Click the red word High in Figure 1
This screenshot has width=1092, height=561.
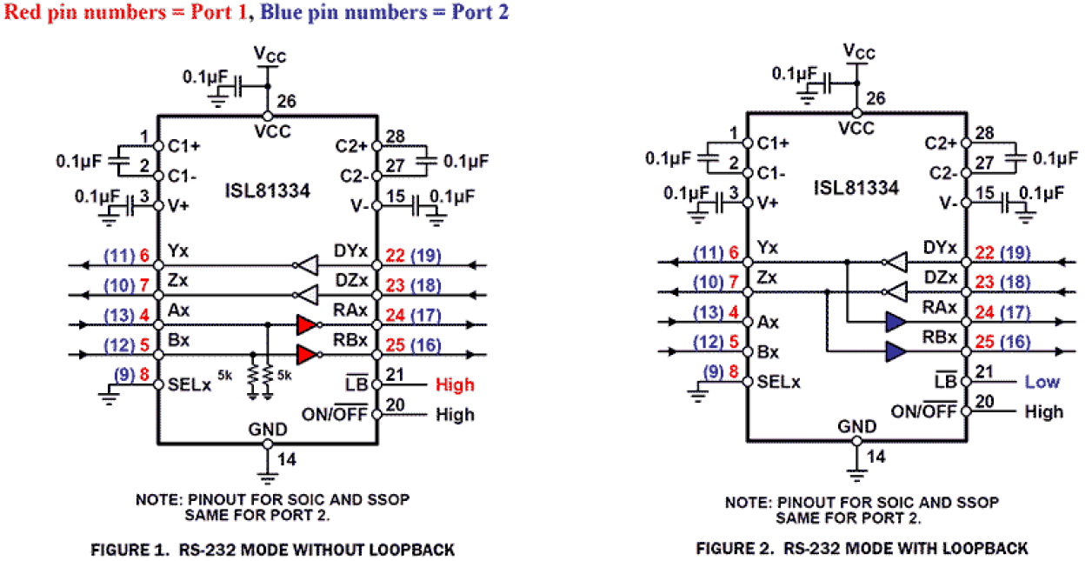(455, 384)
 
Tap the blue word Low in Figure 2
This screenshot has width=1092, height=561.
(1042, 382)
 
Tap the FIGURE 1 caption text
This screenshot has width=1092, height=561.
(273, 550)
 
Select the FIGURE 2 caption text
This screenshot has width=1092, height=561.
(862, 548)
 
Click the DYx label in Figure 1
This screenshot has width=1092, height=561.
(351, 251)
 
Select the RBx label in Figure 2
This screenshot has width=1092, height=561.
(940, 337)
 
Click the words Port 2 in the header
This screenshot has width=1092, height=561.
(480, 12)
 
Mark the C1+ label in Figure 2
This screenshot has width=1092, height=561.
(774, 143)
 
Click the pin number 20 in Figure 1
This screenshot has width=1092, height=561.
(394, 405)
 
